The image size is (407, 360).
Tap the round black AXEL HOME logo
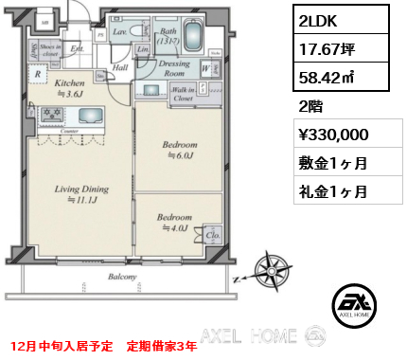point(355,307)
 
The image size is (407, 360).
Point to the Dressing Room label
point(173,68)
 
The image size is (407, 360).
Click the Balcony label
point(123,277)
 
